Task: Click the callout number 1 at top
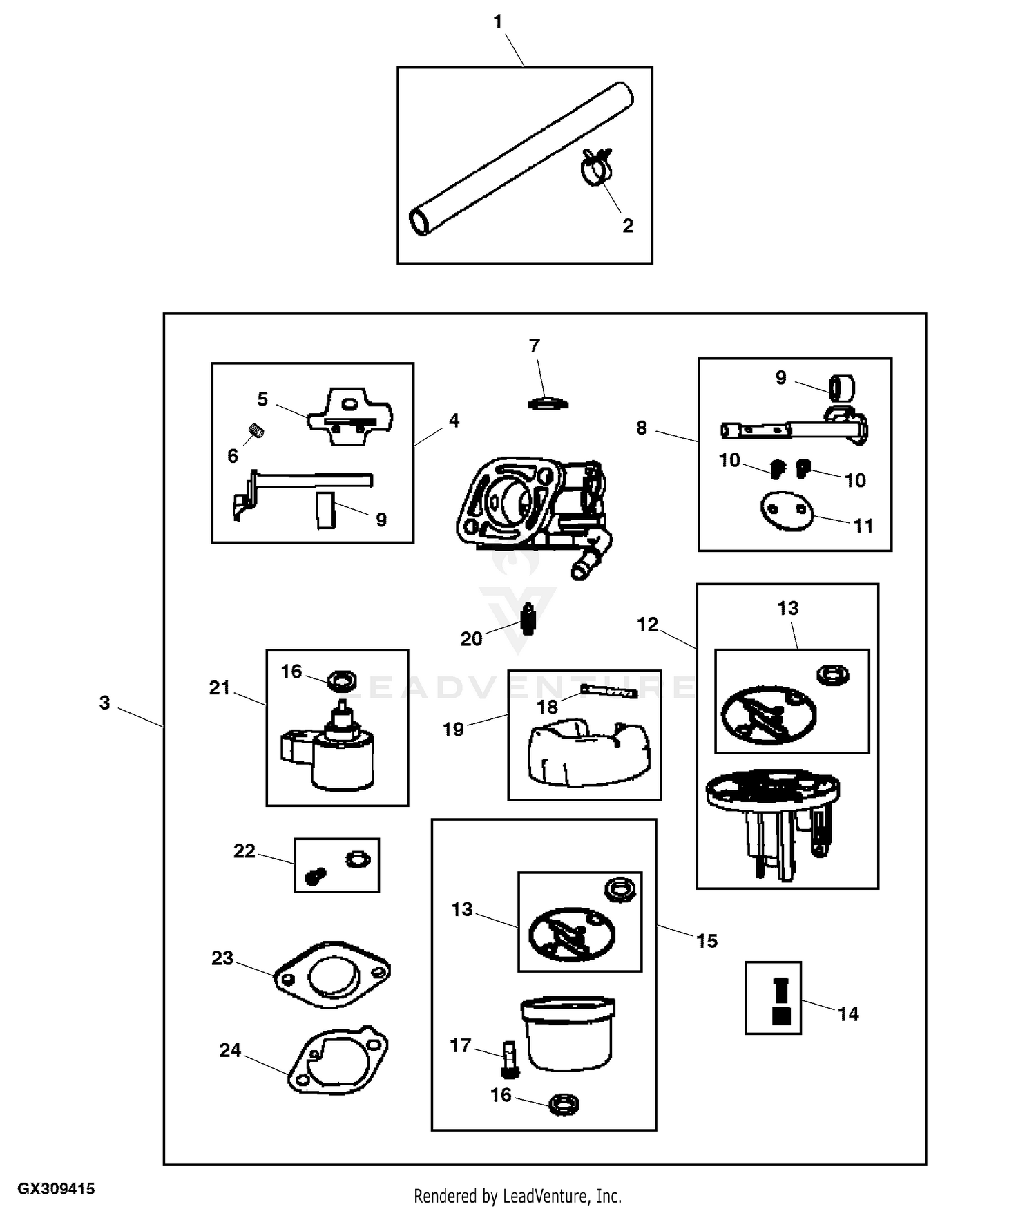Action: (x=497, y=22)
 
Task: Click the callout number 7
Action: (x=534, y=346)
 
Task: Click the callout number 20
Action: (x=471, y=639)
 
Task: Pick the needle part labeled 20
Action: (x=529, y=618)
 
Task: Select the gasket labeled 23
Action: (x=332, y=974)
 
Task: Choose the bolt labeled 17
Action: (x=509, y=1060)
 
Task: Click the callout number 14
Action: (x=848, y=1014)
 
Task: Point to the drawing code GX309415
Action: (x=56, y=1189)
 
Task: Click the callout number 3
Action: (x=104, y=703)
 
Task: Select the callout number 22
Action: (x=244, y=851)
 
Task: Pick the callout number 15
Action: (x=707, y=941)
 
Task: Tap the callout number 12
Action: (x=647, y=625)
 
